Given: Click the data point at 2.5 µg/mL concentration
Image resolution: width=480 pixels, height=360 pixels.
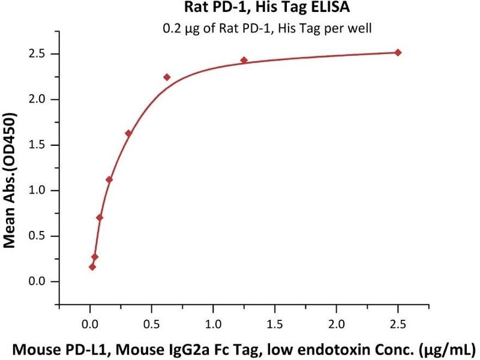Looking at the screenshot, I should coord(398,53).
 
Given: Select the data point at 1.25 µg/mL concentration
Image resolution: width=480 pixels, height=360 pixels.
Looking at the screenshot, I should coord(244,60).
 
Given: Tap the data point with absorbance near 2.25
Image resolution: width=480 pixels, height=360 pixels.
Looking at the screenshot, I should coord(167,77).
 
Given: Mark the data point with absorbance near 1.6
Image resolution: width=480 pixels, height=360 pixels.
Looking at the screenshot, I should coord(128,133).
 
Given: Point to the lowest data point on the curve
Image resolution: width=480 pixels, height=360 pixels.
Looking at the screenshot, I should coord(92,267).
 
